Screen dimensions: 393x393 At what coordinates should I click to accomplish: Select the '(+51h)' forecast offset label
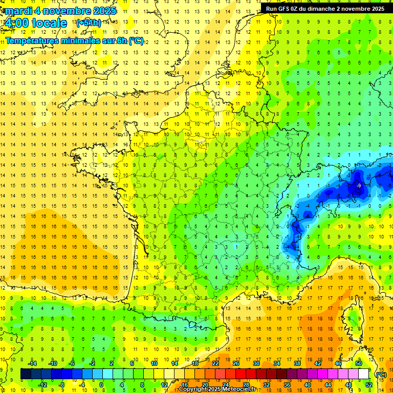(89, 23)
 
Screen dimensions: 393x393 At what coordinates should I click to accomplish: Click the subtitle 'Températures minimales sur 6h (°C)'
(75, 41)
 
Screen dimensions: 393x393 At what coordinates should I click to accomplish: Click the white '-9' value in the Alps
(359, 185)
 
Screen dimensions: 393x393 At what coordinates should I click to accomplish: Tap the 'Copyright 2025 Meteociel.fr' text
(217, 389)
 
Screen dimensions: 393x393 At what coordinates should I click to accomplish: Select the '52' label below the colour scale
(369, 385)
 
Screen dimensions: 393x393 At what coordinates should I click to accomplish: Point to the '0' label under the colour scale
(101, 385)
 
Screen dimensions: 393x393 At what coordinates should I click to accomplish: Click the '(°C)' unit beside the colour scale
(381, 375)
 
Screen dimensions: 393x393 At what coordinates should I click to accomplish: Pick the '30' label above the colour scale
(256, 363)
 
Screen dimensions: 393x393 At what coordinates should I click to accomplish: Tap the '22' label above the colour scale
(215, 363)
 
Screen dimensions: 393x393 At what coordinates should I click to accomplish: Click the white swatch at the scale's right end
(364, 374)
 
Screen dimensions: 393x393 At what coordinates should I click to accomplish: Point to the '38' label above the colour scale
(297, 363)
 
